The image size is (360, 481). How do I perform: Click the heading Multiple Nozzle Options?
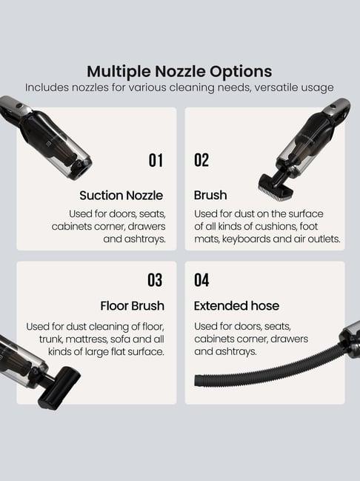click(x=179, y=71)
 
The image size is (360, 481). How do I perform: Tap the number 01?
click(x=156, y=160)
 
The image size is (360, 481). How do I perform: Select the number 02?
click(x=201, y=160)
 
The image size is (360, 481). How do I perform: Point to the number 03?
click(x=155, y=280)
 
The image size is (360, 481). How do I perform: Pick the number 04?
click(x=201, y=280)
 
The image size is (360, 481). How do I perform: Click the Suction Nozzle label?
click(x=121, y=196)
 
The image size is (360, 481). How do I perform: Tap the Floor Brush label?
click(x=132, y=306)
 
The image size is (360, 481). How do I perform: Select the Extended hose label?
click(x=236, y=306)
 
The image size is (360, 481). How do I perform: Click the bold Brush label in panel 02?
click(x=210, y=196)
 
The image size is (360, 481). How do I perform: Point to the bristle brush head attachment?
click(x=276, y=188)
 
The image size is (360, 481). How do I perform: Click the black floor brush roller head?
click(x=59, y=388)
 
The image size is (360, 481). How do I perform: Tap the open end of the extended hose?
click(x=198, y=381)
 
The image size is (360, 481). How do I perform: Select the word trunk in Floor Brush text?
click(x=51, y=339)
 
